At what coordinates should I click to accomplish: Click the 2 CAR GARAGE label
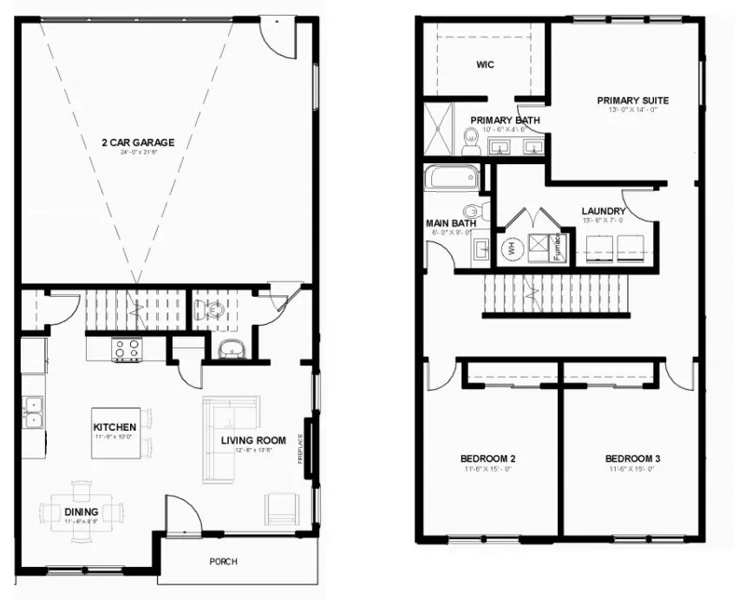pos(140,142)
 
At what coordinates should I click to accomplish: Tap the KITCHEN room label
pos(114,427)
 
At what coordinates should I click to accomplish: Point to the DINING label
pos(81,511)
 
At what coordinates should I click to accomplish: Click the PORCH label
pos(223,562)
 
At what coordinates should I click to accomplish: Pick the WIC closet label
pos(485,65)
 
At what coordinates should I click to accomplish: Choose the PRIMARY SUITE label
pos(632,100)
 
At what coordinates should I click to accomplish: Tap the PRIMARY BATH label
pos(506,121)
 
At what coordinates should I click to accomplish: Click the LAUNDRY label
pos(603,211)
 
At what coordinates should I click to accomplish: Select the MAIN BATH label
pos(451,223)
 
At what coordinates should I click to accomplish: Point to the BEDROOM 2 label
pos(488,458)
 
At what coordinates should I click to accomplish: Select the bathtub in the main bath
pos(451,179)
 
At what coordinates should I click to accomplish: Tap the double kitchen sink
pos(34,412)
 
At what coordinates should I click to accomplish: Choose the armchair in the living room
pos(279,507)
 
